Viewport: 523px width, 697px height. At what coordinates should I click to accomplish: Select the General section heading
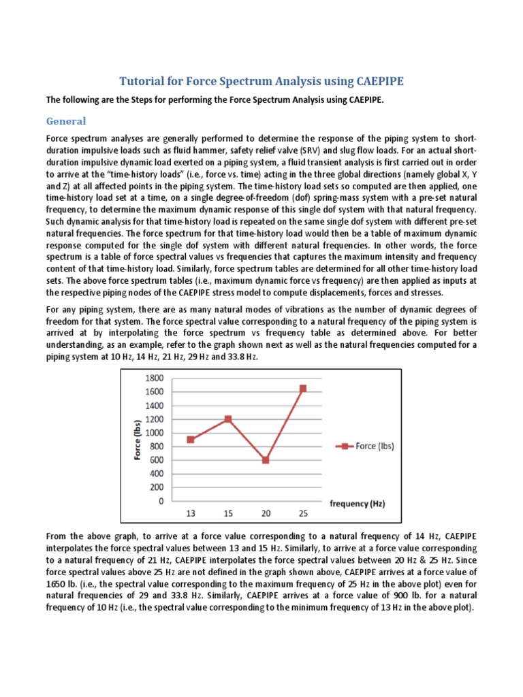click(x=66, y=120)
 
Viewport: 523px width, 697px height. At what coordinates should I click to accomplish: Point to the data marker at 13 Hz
click(x=190, y=439)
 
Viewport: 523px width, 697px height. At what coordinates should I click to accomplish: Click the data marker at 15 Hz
click(x=227, y=419)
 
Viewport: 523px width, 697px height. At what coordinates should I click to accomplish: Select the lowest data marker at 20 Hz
click(x=265, y=460)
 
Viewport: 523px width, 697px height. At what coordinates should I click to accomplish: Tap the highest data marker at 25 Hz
click(x=302, y=388)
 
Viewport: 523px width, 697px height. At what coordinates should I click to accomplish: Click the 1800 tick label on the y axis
click(x=154, y=378)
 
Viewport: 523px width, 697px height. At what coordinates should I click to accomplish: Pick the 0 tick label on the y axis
click(x=161, y=502)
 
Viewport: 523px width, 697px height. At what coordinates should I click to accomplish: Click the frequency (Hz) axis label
click(x=358, y=504)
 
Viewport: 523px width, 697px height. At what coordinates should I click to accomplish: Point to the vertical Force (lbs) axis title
click(x=138, y=440)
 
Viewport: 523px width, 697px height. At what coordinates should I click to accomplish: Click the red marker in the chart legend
click(x=345, y=447)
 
